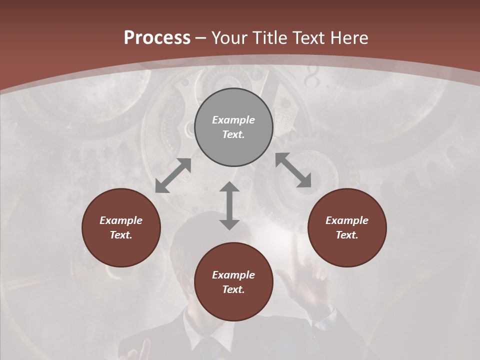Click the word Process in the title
(157, 38)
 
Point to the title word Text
(310, 38)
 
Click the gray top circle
(233, 127)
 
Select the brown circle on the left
(121, 227)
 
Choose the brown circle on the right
(347, 227)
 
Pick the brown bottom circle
(233, 282)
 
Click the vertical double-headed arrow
(229, 205)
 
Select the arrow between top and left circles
(173, 175)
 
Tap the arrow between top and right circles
(293, 170)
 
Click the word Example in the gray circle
(233, 120)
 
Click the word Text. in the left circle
(121, 235)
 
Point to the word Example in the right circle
(347, 220)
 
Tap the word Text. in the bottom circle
(233, 289)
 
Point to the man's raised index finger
(297, 250)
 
